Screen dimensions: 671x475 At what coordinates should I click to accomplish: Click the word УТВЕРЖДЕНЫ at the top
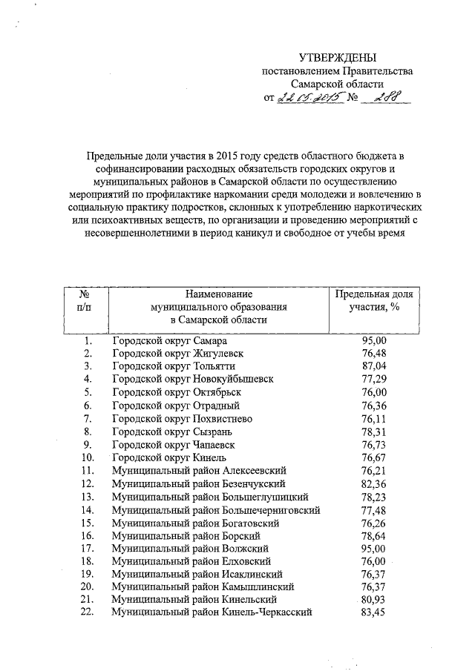(338, 58)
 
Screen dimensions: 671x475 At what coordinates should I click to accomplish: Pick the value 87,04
(375, 366)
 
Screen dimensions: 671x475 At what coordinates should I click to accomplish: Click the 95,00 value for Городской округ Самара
(375, 340)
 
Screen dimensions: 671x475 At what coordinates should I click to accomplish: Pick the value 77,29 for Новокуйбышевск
(375, 379)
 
